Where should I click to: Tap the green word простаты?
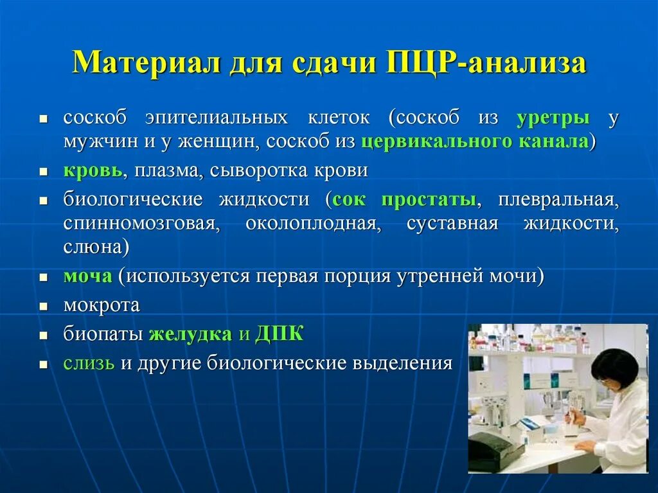pos(429,200)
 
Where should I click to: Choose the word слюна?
pos(93,247)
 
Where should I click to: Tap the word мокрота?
pos(102,305)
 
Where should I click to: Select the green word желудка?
pos(190,334)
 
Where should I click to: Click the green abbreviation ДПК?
pos(280,334)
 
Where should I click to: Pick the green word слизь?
pos(89,363)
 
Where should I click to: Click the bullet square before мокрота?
pos(43,307)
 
